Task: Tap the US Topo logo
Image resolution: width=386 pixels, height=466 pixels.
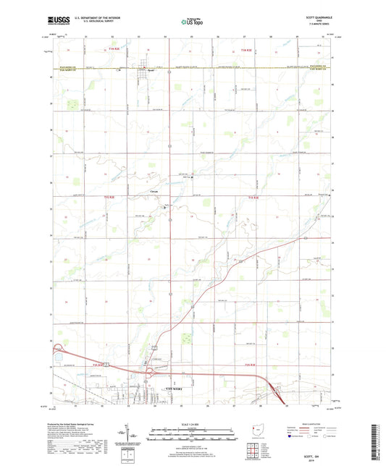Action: click(190, 22)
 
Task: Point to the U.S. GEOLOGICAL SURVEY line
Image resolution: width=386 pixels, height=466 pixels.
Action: click(91, 25)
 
